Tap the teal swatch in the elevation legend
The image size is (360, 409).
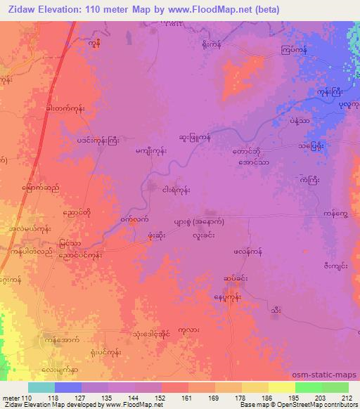41,387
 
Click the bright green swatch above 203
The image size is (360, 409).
308,387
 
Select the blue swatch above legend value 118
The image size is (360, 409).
68,387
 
